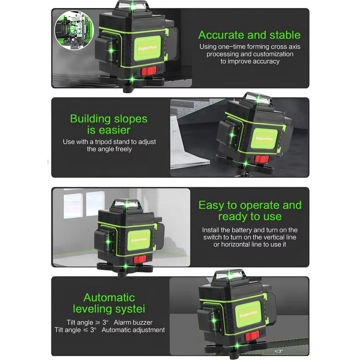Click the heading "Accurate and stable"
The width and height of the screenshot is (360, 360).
tap(249, 35)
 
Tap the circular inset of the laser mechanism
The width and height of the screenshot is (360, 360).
tap(74, 30)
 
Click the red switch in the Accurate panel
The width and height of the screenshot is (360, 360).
tap(148, 71)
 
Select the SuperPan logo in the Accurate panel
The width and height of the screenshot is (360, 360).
tap(147, 48)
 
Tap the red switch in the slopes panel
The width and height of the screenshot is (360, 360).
tap(262, 159)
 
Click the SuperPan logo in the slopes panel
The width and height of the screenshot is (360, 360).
tap(264, 138)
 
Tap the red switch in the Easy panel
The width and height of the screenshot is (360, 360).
tap(140, 260)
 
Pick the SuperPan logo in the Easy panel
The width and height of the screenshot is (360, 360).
tap(139, 240)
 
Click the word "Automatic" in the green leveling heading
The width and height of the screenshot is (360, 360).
tap(109, 298)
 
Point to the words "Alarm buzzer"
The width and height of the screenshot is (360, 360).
tap(133, 322)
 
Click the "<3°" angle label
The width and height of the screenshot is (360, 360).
tap(279, 351)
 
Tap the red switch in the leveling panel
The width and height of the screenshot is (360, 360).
tap(252, 336)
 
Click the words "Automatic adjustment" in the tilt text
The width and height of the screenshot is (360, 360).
tap(133, 330)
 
